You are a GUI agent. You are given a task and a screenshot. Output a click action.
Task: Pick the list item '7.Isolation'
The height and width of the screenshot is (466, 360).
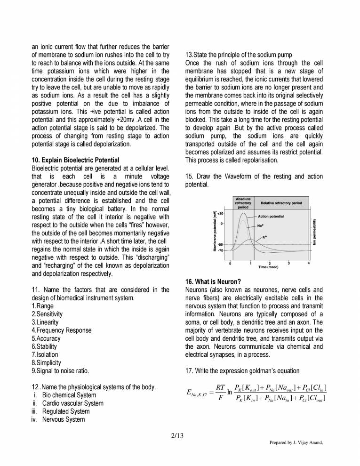45,354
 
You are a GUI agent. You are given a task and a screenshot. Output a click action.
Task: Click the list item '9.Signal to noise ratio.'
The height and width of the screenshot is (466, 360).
60,370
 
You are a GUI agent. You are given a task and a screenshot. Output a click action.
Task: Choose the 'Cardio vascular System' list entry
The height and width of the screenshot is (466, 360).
72,403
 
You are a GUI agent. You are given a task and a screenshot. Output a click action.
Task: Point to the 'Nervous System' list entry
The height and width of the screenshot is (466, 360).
64,419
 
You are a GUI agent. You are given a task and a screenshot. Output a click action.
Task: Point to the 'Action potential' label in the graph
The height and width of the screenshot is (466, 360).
271,217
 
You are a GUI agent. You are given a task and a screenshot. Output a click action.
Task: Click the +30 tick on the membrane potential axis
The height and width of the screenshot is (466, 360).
220,213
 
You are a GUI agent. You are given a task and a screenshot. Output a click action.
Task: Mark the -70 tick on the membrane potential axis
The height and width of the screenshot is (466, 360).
220,251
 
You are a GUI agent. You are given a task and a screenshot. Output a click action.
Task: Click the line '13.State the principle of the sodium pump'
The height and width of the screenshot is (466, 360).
239,56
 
